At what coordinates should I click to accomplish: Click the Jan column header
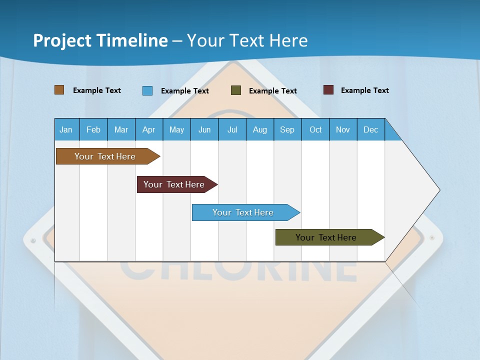[x=66, y=129]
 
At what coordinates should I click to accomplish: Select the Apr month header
[x=149, y=129]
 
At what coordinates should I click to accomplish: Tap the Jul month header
[x=232, y=129]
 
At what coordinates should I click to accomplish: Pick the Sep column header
[x=287, y=129]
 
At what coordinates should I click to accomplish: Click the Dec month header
[x=371, y=129]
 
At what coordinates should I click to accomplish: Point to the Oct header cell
[x=315, y=129]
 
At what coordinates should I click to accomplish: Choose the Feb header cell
[x=93, y=129]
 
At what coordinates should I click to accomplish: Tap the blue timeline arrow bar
[x=243, y=212]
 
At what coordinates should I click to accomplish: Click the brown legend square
[x=59, y=90]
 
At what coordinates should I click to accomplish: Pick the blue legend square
[x=147, y=90]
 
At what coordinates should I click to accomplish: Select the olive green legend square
[x=236, y=90]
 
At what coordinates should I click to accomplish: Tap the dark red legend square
[x=328, y=90]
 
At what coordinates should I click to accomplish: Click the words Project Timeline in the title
[x=100, y=40]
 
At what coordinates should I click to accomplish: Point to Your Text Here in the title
[x=247, y=40]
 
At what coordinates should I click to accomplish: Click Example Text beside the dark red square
[x=364, y=90]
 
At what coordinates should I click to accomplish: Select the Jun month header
[x=204, y=129]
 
